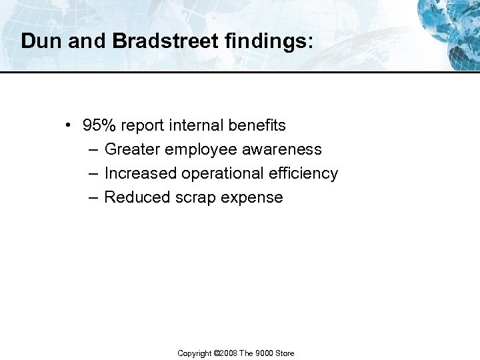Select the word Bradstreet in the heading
pos(165,41)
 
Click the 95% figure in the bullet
pos(98,125)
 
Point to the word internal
pos(196,125)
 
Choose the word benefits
pos(257,125)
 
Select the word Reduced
pos(137,197)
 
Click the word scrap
pos(195,198)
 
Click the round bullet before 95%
pos(69,125)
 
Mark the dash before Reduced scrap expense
pos(92,197)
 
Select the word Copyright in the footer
pos(195,353)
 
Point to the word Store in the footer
pos(285,353)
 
